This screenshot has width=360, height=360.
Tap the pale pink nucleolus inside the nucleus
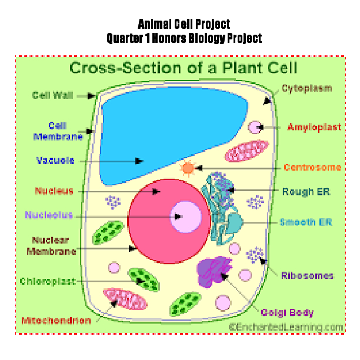pyautogui.click(x=184, y=216)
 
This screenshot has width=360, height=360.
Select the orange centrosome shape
pyautogui.click(x=188, y=168)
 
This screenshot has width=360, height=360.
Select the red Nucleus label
pyautogui.click(x=54, y=191)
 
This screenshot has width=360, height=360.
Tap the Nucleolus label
pyautogui.click(x=49, y=215)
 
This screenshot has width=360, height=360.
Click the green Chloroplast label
pyautogui.click(x=46, y=281)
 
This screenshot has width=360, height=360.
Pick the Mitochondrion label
pyautogui.click(x=56, y=321)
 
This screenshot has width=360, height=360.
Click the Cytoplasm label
pyautogui.click(x=306, y=89)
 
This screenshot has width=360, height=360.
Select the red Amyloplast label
pyautogui.click(x=314, y=127)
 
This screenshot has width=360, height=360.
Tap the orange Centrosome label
pyautogui.click(x=312, y=168)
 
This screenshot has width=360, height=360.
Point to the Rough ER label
pyautogui.click(x=306, y=192)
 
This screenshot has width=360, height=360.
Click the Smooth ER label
pyautogui.click(x=306, y=222)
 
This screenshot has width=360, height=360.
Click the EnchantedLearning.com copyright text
pyautogui.click(x=286, y=326)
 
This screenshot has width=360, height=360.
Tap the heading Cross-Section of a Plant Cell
pyautogui.click(x=184, y=67)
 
